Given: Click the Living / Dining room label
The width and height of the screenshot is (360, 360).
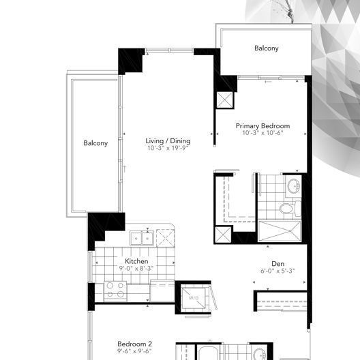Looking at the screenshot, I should click(168, 141).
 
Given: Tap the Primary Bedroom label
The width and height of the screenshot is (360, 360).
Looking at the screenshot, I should click(262, 126).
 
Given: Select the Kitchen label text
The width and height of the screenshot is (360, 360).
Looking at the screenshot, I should click(137, 261).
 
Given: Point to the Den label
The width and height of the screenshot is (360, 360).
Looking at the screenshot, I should click(277, 264).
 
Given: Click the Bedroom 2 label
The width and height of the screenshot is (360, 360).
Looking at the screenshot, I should click(134, 344).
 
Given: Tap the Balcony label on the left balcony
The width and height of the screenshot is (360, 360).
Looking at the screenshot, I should click(95, 143).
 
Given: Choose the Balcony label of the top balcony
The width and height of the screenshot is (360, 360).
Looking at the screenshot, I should click(267, 48).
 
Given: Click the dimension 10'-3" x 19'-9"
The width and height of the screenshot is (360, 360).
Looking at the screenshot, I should click(168, 149).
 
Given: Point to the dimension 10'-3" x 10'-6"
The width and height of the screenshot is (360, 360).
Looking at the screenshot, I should click(262, 134).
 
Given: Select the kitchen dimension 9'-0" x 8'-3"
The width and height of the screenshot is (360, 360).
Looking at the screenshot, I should click(137, 269).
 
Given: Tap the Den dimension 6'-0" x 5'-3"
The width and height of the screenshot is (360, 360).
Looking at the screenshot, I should click(277, 271).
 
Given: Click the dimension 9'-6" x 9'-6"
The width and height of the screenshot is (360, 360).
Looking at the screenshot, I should click(134, 352).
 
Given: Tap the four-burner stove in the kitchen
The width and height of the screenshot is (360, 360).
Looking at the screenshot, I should click(115, 291).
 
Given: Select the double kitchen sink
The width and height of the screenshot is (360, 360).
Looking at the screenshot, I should click(141, 238).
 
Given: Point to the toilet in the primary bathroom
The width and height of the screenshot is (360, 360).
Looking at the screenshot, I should click(287, 209).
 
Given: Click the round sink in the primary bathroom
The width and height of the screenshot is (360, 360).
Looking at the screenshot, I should click(294, 186).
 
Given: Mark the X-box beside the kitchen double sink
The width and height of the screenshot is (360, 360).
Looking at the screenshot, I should click(166, 237).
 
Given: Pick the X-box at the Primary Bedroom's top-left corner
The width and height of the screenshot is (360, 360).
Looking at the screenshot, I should click(225, 100).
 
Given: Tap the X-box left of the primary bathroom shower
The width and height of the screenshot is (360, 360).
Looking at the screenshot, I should click(224, 235).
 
